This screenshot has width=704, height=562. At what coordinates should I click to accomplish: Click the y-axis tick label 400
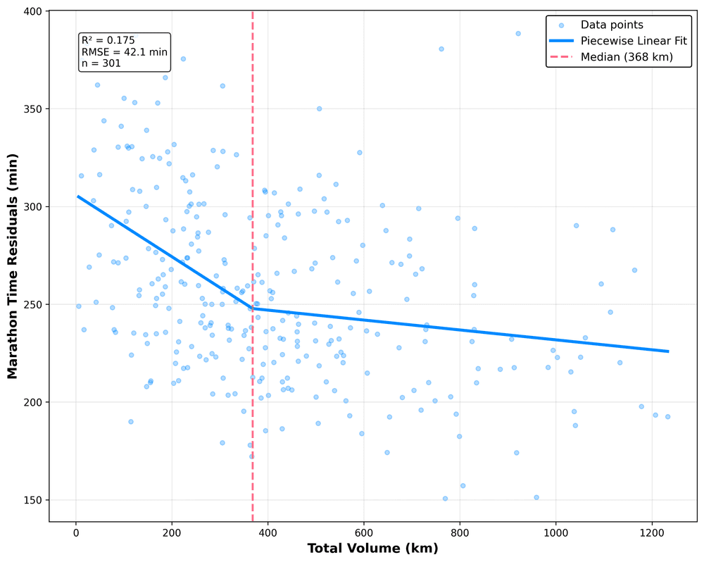32,12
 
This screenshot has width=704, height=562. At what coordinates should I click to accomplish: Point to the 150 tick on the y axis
32,500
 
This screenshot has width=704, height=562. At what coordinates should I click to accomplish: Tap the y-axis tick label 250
32,304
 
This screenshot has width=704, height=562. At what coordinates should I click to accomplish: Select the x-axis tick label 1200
651,533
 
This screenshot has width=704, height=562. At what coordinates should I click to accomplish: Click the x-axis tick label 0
76,533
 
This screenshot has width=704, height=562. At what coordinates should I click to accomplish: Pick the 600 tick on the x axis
364,533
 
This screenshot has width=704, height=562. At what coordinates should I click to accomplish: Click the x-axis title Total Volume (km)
373,548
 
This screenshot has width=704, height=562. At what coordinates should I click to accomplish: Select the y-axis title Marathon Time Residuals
13,266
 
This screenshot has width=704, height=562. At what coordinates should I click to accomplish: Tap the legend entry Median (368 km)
627,57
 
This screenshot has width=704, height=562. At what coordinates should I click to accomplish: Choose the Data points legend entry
616,25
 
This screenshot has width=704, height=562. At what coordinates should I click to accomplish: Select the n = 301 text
101,63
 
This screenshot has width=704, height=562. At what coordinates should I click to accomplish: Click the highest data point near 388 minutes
518,33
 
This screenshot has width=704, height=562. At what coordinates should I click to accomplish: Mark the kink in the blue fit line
253,308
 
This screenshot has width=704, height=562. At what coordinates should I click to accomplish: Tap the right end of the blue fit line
668,351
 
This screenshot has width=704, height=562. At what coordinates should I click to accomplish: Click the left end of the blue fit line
78,196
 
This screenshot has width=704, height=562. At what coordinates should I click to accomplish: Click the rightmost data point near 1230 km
667,416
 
